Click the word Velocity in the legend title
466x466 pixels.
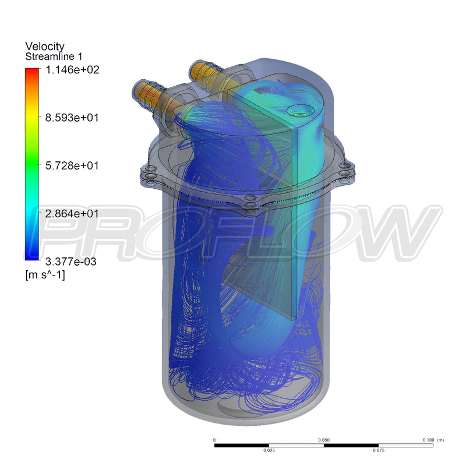tap(45, 47)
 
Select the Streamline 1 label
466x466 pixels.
tap(53, 57)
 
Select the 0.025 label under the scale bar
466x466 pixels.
tap(269, 450)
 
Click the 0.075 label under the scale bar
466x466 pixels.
tap(379, 450)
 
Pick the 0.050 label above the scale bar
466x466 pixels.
tap(324, 440)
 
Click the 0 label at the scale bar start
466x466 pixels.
tap(215, 440)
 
